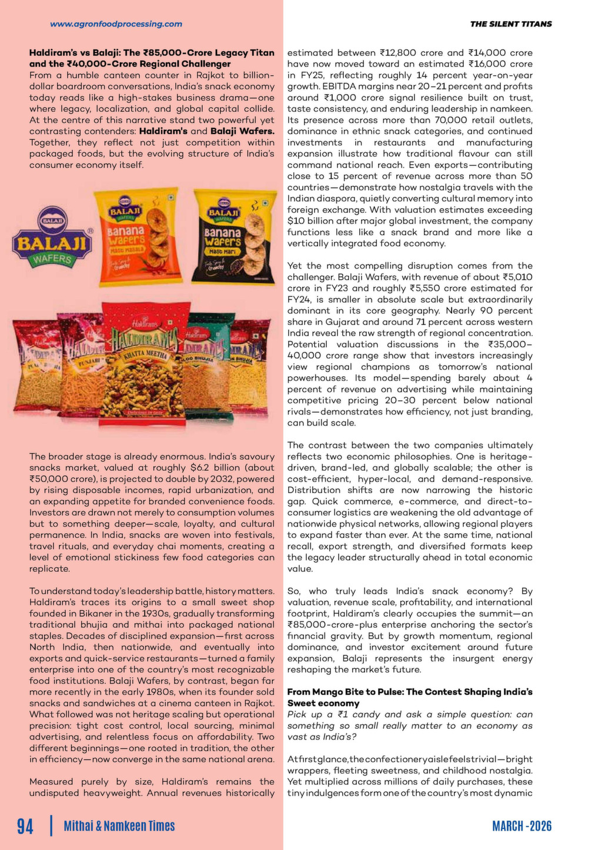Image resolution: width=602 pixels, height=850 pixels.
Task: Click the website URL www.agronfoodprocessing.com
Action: point(116,24)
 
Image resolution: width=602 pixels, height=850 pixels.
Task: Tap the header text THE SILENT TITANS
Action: point(510,24)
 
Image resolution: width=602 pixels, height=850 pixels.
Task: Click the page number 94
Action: point(25,826)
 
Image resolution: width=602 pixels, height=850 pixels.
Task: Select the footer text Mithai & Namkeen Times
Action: point(119,826)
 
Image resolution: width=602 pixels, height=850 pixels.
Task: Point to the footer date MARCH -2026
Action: point(521,826)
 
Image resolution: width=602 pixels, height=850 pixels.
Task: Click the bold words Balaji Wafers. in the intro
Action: point(242,131)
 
